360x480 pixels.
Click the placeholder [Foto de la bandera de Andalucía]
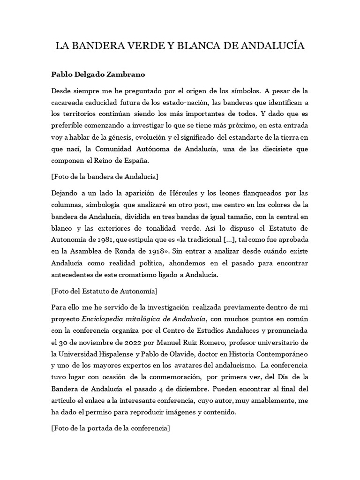tap(105, 177)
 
